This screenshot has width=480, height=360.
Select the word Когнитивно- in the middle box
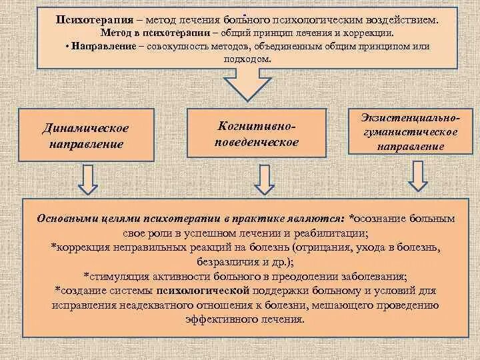257,126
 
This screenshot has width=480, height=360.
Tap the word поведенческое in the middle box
257,142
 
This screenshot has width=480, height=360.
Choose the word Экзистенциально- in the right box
410,118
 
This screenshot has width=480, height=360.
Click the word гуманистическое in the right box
410,131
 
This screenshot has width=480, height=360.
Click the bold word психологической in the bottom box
203,291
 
